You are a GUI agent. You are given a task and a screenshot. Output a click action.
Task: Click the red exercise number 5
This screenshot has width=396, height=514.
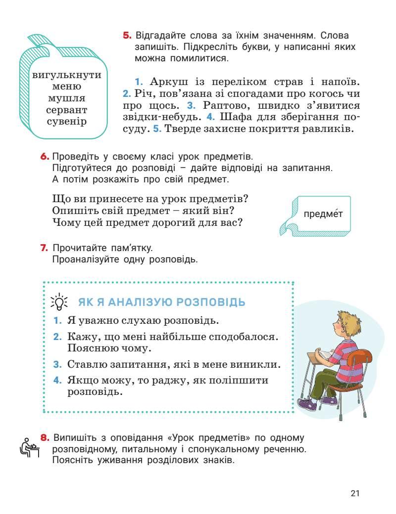point(127,36)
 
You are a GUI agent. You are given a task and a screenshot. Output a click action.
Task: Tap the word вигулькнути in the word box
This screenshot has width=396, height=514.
point(66,76)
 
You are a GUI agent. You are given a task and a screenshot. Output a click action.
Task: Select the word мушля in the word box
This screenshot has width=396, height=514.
point(66,98)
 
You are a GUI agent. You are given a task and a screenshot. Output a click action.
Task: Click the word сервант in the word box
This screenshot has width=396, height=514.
point(66,110)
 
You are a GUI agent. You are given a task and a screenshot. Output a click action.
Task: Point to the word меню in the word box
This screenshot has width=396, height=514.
point(66,87)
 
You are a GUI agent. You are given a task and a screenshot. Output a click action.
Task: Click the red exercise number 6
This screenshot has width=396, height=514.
point(45,157)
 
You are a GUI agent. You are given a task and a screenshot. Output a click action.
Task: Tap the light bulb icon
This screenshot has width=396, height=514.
point(59,301)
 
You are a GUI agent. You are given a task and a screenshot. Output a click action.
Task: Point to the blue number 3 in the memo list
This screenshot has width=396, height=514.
point(57,365)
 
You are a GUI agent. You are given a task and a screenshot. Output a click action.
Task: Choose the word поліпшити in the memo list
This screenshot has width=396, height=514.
point(239,381)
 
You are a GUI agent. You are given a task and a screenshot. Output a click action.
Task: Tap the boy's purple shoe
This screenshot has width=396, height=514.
point(308,405)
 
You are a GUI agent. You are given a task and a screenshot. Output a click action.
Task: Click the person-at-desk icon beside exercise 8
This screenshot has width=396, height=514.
point(30,447)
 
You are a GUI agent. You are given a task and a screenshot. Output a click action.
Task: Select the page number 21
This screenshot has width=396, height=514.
point(354,493)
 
